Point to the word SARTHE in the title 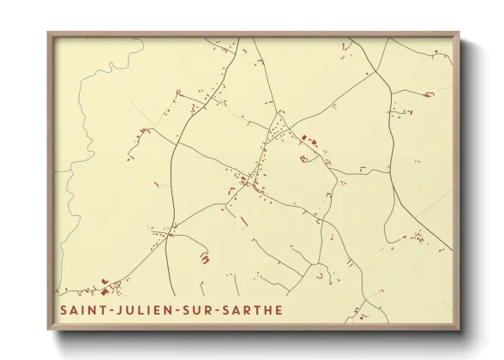248,309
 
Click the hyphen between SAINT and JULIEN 100,309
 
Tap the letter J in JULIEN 109,309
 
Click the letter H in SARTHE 265,309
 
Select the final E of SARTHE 277,309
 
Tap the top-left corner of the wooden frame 48,33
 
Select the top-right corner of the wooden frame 460,33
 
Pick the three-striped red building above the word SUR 204,256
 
